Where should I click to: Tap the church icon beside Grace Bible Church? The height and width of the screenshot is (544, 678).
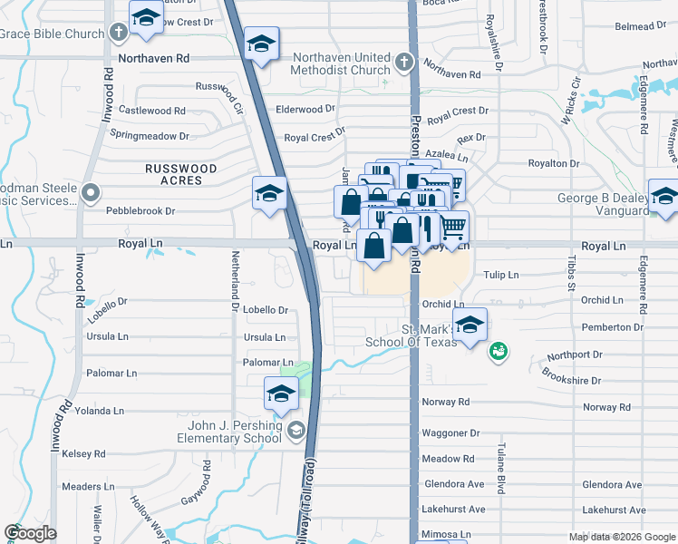[x=117, y=34]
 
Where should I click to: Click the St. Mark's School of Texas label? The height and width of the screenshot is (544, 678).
[x=412, y=335]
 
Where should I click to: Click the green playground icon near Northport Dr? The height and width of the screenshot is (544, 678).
[x=497, y=351]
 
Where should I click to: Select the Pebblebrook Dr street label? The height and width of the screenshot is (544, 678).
[x=140, y=210]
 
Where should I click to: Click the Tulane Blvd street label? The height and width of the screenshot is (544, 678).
[x=499, y=466]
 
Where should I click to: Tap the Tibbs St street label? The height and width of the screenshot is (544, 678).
[x=572, y=273]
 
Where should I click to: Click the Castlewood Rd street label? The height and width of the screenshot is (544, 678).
[x=152, y=111]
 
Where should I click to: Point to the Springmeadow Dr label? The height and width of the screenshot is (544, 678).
[x=150, y=136]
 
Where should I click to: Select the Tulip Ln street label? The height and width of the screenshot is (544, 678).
[x=500, y=275]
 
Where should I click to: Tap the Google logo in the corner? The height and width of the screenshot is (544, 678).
[x=31, y=533]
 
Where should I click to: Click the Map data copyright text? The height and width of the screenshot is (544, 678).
[x=622, y=537]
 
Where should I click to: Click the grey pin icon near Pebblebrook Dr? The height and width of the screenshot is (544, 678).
[x=91, y=192]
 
